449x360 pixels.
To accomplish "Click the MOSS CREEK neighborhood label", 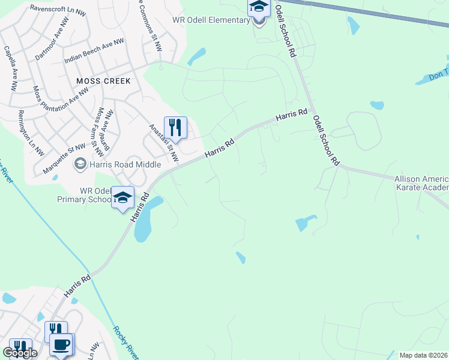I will click(103, 80).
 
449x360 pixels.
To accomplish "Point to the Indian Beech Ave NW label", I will click(94, 51).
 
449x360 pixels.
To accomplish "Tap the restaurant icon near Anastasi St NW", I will click(175, 127).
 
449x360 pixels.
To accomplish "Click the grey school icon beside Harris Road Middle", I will click(79, 164).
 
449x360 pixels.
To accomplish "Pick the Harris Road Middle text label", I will click(125, 164).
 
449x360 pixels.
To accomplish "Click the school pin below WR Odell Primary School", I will click(122, 197).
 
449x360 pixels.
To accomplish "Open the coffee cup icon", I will click(61, 344).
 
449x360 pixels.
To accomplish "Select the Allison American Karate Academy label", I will click(421, 184).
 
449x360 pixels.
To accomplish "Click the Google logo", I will click(20, 353).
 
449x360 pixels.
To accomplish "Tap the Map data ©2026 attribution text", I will click(423, 355).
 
